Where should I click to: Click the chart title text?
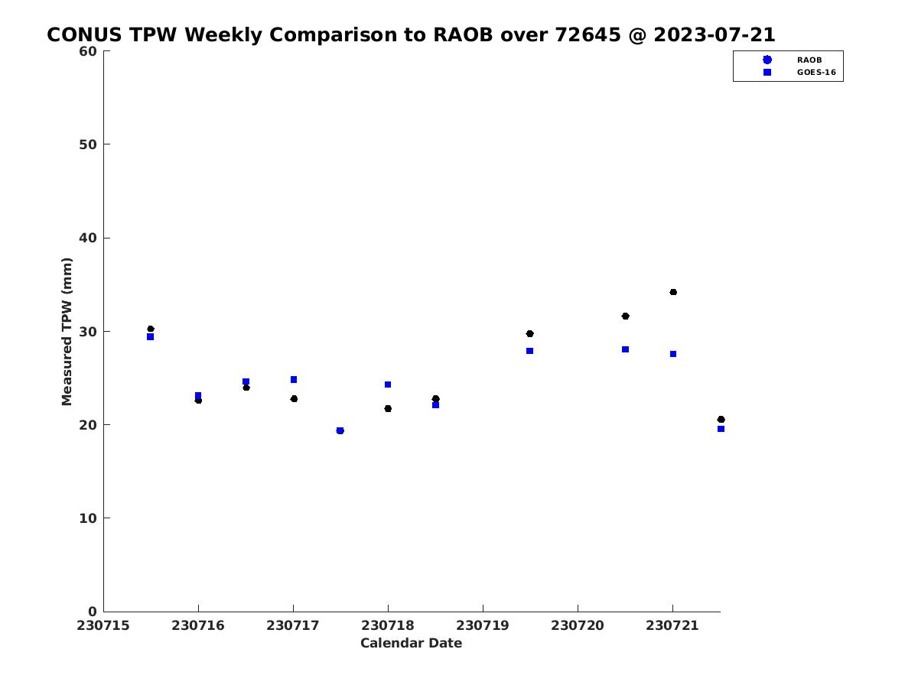(411, 34)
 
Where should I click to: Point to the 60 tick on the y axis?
(88, 51)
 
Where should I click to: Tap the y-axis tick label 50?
(88, 144)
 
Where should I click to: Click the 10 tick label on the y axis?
(88, 518)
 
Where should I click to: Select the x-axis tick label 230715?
(103, 626)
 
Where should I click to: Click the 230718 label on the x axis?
(388, 626)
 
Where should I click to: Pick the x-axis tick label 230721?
(672, 626)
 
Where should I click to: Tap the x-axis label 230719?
(483, 626)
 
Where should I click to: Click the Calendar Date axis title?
(411, 644)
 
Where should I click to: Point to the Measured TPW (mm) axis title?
(67, 331)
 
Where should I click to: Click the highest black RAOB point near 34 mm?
(673, 292)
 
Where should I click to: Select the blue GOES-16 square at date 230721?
(673, 354)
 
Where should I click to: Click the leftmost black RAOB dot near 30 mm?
(151, 329)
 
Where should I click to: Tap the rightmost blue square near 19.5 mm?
(721, 429)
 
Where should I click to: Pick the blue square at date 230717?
(294, 379)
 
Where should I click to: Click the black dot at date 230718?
(388, 408)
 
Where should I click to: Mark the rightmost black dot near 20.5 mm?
(721, 420)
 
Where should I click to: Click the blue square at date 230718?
(388, 385)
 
